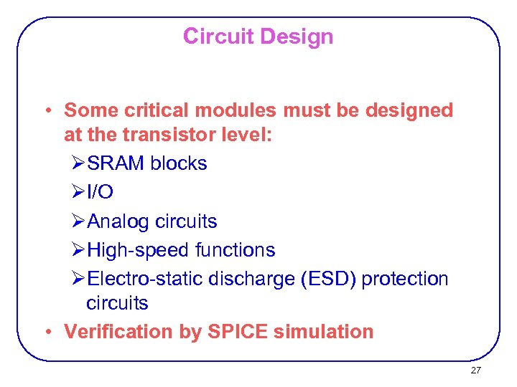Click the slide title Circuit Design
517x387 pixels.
258,36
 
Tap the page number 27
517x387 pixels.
475,371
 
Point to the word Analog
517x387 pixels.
118,221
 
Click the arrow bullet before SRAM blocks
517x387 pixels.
79,163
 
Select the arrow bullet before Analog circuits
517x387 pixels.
79,221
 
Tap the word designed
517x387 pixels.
409,110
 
